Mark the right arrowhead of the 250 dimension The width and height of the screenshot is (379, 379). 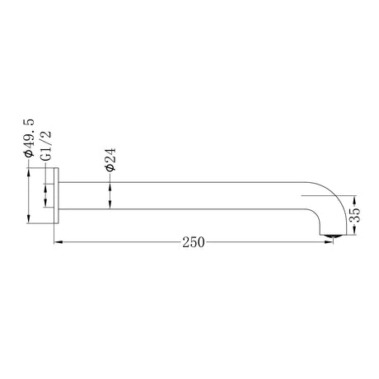click(334, 242)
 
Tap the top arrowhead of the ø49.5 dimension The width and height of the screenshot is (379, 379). click(29, 171)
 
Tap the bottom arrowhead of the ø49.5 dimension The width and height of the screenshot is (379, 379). click(29, 218)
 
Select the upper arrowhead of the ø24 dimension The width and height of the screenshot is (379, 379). click(110, 185)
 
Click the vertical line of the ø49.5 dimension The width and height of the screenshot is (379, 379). click(29, 194)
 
